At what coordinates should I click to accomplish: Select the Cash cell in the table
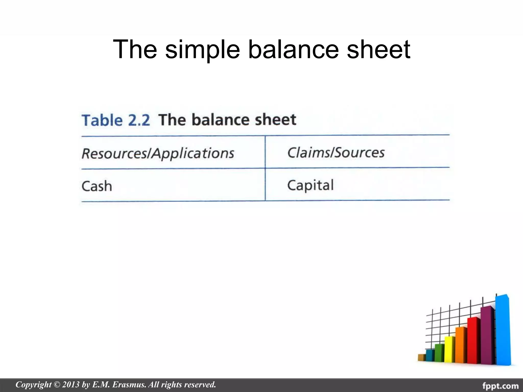(97, 186)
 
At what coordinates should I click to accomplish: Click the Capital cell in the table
(310, 185)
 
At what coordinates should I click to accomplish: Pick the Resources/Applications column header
(158, 153)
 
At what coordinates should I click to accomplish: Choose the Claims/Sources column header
(336, 153)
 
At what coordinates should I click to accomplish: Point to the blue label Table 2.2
(116, 120)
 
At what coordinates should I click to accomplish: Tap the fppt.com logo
(500, 385)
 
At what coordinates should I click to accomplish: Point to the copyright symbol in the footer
(57, 384)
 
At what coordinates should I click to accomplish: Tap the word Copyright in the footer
(33, 384)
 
